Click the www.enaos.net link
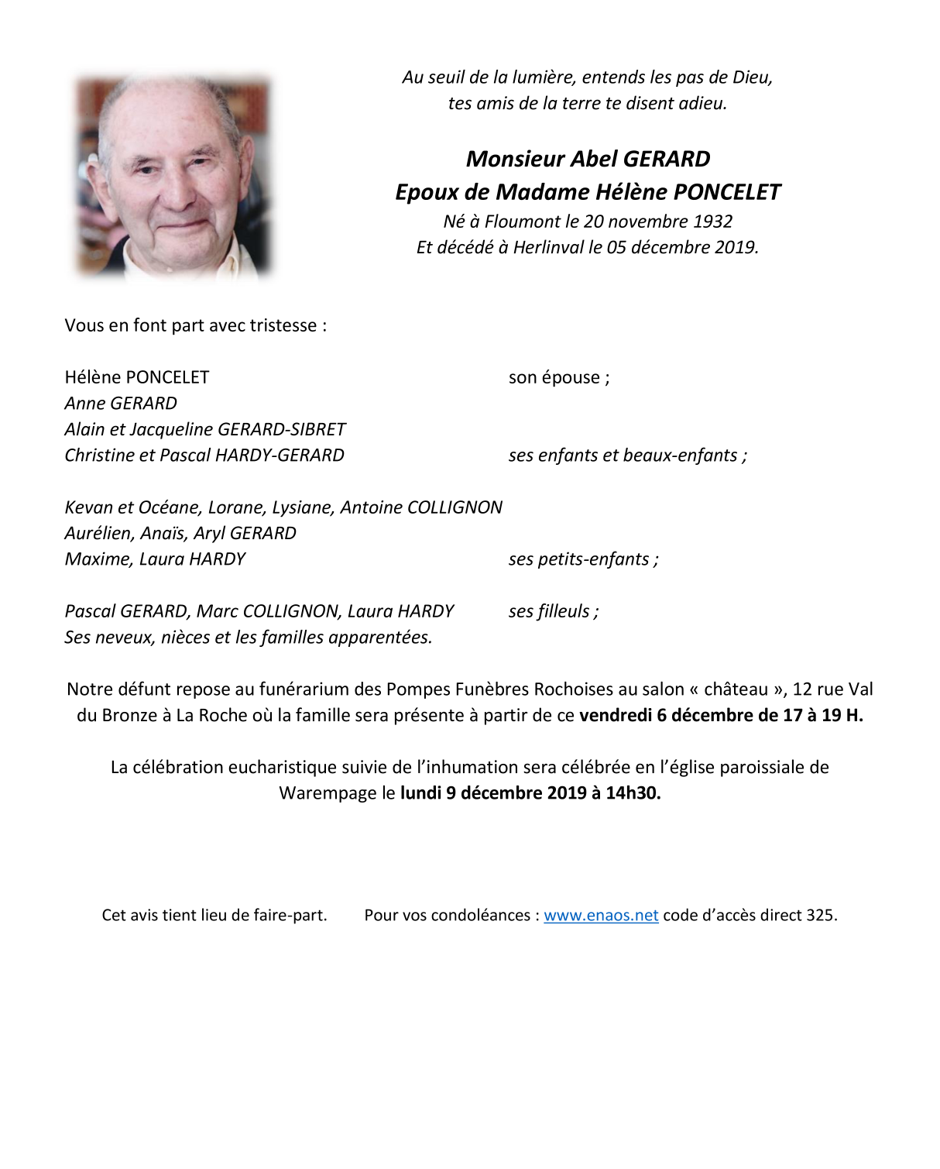[x=601, y=915]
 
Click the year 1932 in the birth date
[x=712, y=222]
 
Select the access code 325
[x=820, y=915]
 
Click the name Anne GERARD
[x=121, y=404]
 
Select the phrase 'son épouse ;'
[x=559, y=378]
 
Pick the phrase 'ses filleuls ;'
[x=554, y=611]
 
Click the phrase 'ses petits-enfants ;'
[x=584, y=559]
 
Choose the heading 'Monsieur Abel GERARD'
[x=588, y=159]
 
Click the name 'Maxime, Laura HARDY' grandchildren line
[x=155, y=559]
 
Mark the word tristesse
[x=283, y=325]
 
